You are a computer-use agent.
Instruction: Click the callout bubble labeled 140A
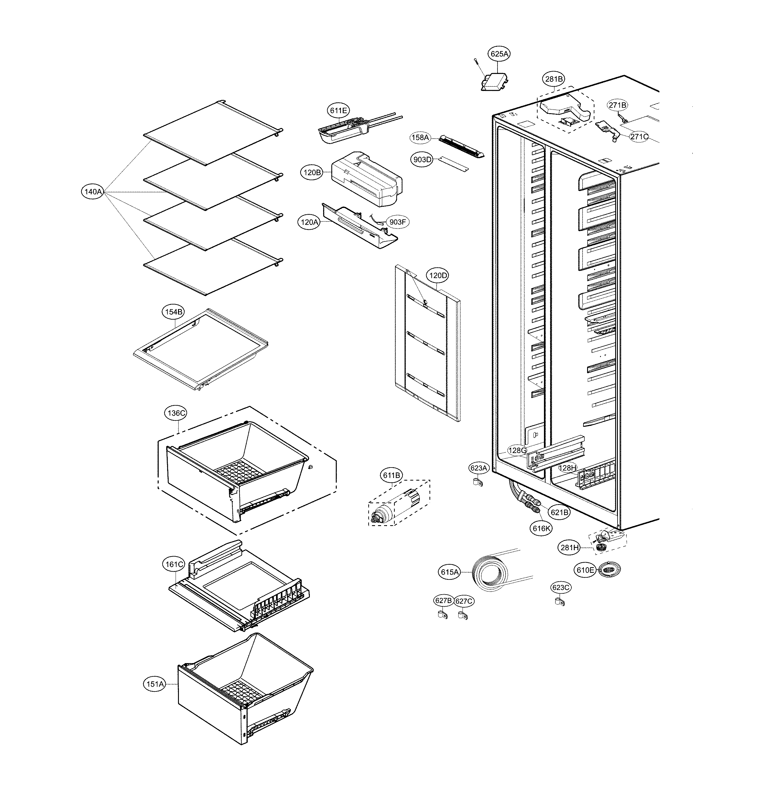coord(93,192)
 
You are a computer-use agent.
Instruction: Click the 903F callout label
coord(397,222)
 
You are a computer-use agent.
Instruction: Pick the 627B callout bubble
coord(443,601)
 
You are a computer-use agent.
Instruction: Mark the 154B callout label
coord(173,312)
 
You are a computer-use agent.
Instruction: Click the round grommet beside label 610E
coord(609,570)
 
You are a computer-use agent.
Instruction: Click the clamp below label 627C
coord(462,615)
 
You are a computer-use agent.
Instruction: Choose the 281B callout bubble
coord(554,79)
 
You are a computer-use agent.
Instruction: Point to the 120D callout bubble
coord(438,275)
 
